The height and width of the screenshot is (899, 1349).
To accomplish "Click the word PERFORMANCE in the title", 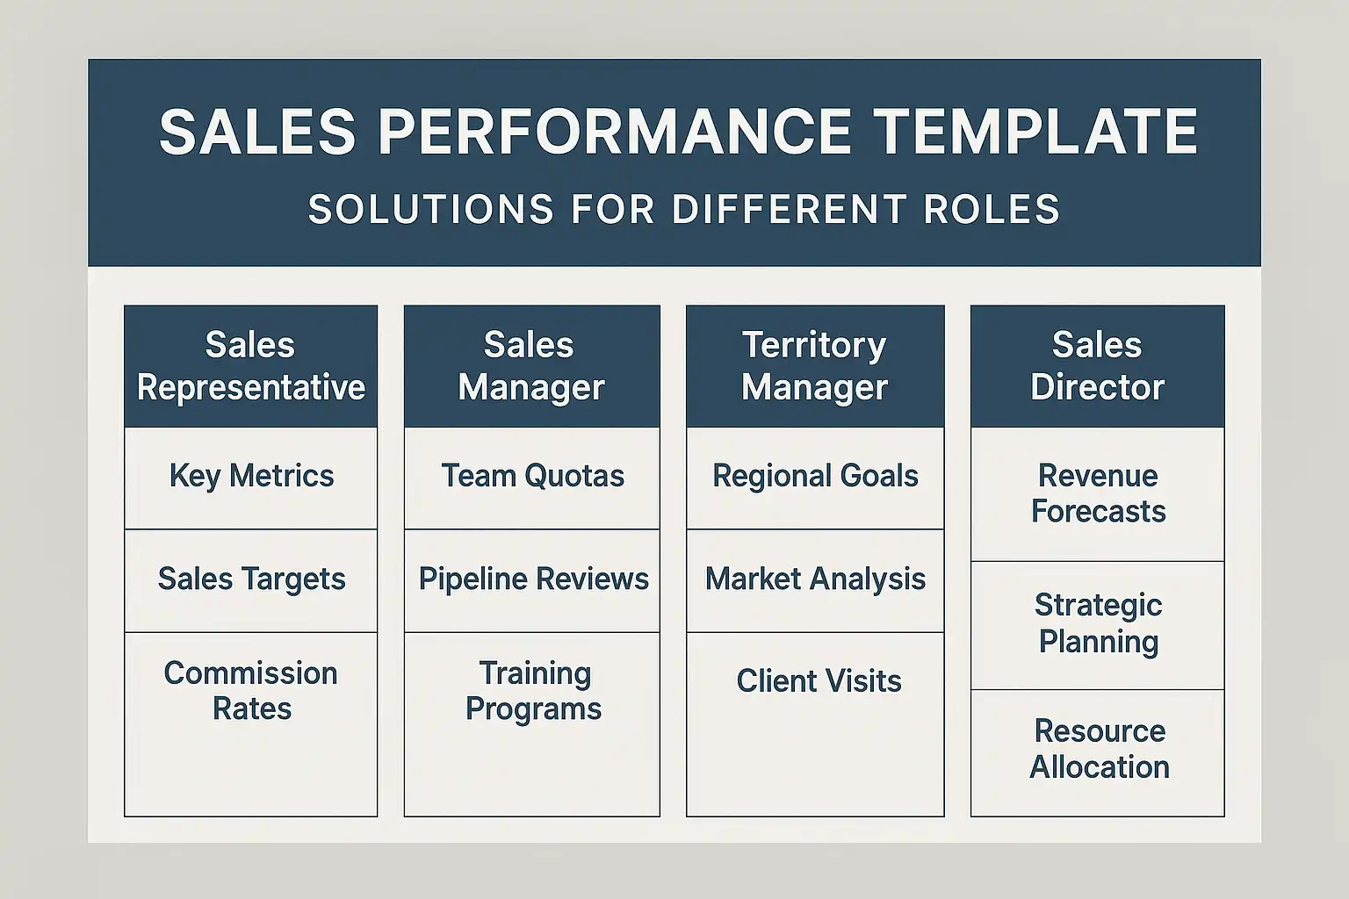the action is click(614, 132).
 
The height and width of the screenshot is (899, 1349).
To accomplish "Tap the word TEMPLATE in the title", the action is click(1035, 132).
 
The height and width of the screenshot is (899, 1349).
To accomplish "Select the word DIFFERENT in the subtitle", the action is click(790, 209).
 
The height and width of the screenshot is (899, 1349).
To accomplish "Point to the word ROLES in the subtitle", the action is click(992, 209).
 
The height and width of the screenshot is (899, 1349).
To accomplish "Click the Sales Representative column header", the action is click(250, 366).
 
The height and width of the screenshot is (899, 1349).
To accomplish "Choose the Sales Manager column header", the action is click(531, 366).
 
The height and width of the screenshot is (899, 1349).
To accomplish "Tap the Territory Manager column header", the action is click(815, 366).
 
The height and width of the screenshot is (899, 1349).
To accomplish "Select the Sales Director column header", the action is click(1097, 366).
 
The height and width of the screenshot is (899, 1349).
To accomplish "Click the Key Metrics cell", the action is click(250, 478).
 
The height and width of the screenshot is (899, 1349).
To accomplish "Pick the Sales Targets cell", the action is click(250, 580).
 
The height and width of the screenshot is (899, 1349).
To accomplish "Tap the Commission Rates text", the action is click(251, 691).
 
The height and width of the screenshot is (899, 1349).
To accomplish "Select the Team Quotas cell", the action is click(531, 478).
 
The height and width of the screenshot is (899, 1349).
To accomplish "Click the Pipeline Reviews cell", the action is click(531, 580).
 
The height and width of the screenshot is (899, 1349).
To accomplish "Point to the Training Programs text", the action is click(534, 692).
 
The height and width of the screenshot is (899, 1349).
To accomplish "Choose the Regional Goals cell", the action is click(815, 478).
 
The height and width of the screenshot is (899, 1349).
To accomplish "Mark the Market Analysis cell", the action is click(815, 580).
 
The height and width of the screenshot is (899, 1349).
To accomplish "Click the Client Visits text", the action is click(819, 681).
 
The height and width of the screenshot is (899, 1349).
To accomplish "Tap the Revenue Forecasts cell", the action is click(1097, 494).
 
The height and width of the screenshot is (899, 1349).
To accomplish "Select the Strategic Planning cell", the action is click(1097, 626).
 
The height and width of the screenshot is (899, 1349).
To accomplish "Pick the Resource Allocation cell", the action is click(1097, 753).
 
